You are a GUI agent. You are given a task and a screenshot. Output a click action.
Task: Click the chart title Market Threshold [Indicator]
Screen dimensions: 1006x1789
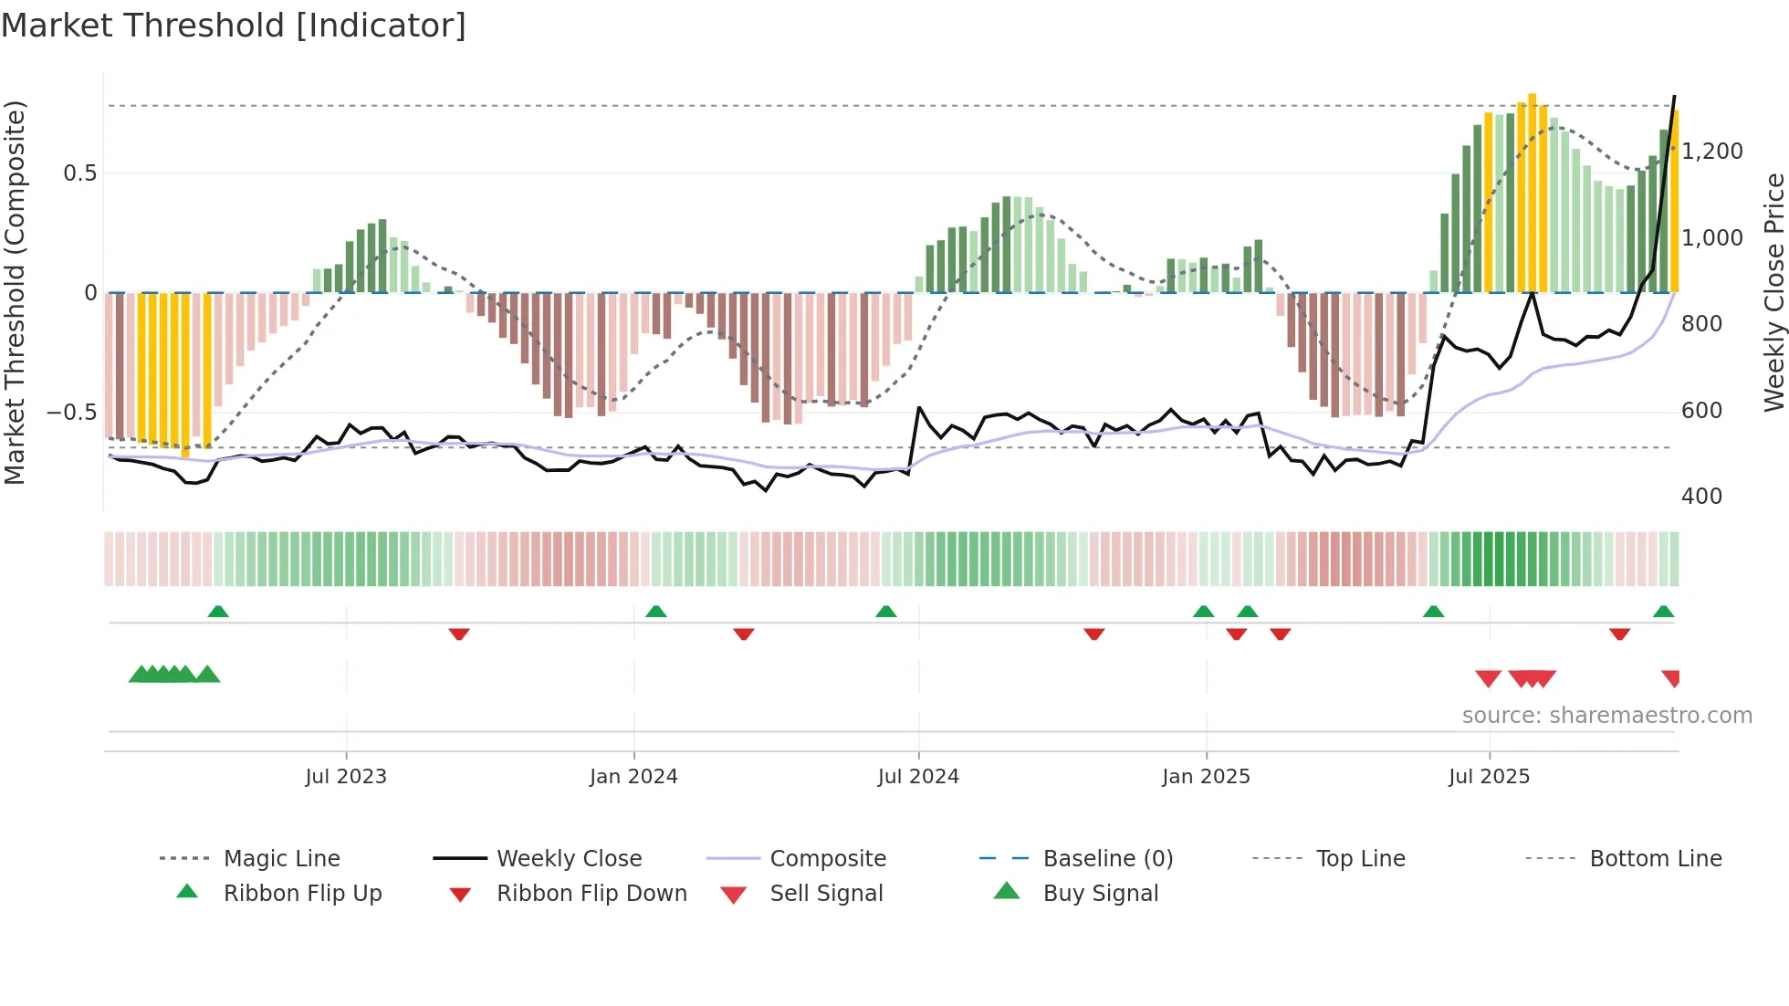[x=234, y=26]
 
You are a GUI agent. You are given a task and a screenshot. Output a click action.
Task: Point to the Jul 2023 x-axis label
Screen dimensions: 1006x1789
[x=346, y=777]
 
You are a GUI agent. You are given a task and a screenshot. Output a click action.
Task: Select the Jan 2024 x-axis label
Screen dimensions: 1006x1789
[x=633, y=777]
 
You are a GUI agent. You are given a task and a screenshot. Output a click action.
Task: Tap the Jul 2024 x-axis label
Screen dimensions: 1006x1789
[x=918, y=777]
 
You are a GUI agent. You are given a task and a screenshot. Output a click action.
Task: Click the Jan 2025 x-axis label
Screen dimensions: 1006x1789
[x=1206, y=777]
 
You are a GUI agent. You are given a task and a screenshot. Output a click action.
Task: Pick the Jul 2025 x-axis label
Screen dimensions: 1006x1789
[x=1489, y=777]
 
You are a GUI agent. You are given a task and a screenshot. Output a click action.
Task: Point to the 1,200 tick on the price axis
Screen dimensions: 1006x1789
[x=1711, y=152]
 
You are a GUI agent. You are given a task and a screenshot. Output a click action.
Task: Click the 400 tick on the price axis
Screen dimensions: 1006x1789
[x=1701, y=497]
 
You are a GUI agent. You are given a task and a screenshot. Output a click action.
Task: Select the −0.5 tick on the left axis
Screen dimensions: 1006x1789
[x=71, y=413]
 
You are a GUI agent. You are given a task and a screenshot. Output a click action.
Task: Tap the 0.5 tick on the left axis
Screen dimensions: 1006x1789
[x=79, y=173]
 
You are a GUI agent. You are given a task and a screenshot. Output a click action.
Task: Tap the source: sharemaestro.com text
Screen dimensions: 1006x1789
[x=1606, y=716]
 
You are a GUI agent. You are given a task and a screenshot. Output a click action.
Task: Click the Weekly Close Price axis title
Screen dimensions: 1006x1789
[x=1773, y=292]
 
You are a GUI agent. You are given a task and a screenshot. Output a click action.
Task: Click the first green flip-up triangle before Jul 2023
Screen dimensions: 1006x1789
[x=218, y=612]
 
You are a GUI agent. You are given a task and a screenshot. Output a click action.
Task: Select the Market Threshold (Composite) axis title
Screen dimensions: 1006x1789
[x=15, y=292]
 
